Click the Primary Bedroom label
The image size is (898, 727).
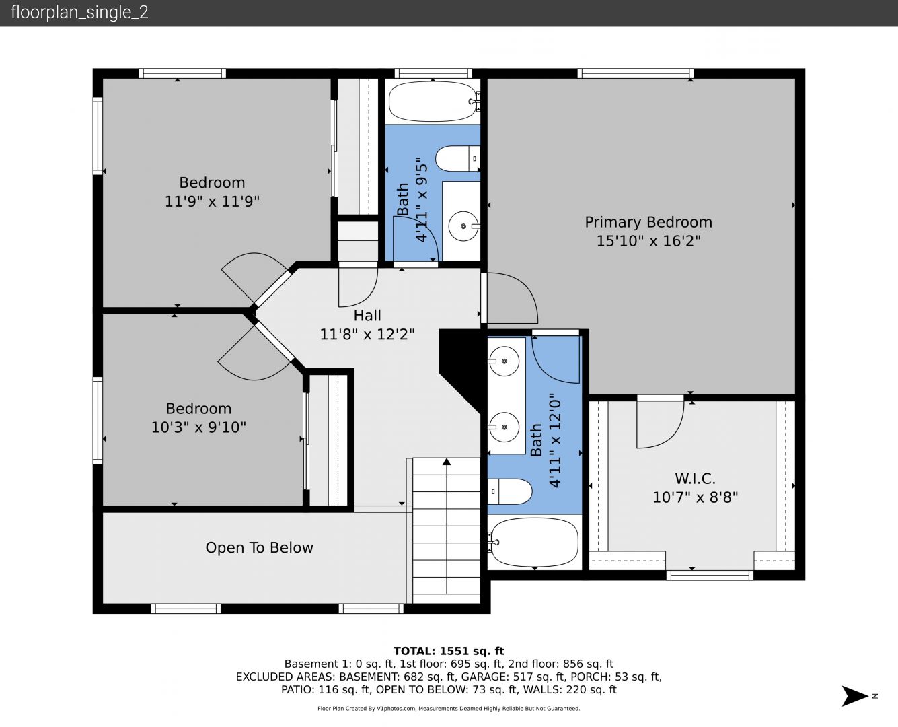[648, 222]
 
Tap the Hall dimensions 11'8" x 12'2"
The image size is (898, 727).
[367, 334]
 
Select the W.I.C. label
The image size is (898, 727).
[696, 479]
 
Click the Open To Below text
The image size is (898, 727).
[259, 547]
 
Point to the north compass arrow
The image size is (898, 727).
[854, 696]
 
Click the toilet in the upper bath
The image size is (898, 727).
[457, 159]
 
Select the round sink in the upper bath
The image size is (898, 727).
[463, 226]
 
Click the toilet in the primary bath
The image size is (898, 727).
[510, 491]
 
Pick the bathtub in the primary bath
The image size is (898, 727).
[534, 543]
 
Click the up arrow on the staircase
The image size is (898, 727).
[447, 462]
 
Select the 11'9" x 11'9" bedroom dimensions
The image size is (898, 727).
[212, 201]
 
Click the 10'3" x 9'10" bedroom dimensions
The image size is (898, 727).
[198, 427]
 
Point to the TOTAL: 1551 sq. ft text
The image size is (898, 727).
[449, 651]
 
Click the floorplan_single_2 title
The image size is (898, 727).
[79, 13]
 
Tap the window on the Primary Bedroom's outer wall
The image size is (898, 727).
[636, 73]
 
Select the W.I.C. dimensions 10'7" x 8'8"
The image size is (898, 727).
[696, 497]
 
